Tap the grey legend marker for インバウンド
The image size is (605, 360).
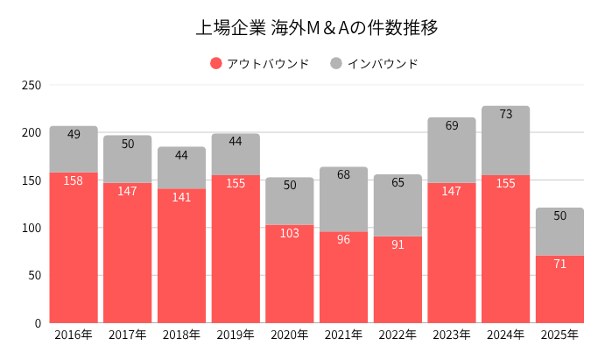[336, 63]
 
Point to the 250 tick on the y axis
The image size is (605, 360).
[32, 85]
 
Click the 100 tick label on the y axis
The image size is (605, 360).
[32, 228]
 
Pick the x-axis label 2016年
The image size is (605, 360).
[74, 335]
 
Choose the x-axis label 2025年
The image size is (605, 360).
[559, 335]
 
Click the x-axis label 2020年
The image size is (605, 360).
[290, 335]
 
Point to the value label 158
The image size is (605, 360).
[74, 180]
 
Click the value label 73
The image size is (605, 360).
[505, 114]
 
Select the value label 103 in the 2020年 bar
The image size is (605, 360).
[290, 233]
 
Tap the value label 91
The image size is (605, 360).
[397, 244]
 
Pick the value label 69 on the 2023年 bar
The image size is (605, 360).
[452, 125]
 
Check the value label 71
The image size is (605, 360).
[559, 264]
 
